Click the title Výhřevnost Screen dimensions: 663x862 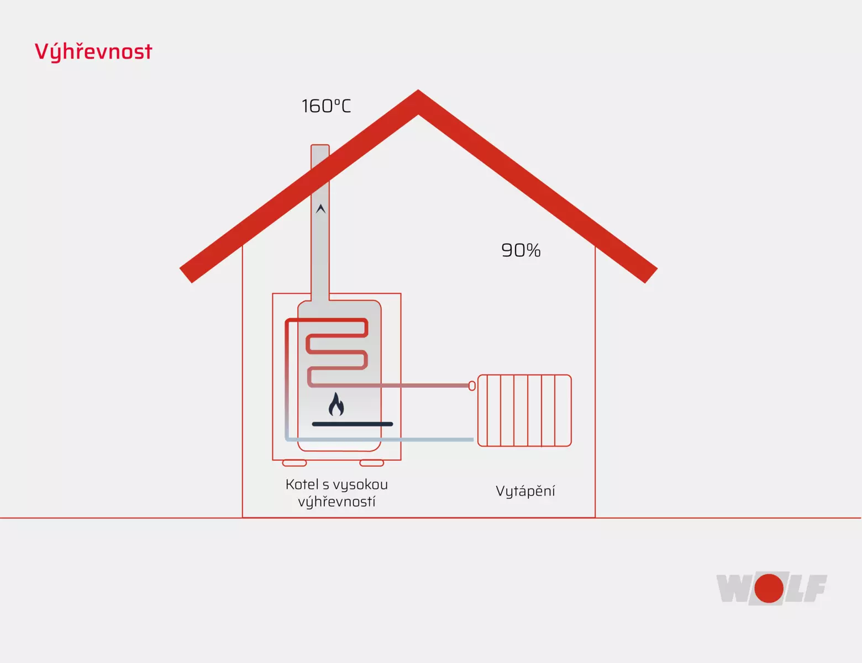[93, 51]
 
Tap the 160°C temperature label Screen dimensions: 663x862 [326, 106]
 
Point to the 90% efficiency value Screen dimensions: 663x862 [521, 250]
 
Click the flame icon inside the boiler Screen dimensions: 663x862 [336, 404]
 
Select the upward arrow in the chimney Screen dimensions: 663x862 [320, 209]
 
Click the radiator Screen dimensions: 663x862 [524, 411]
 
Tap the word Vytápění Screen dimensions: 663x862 [525, 491]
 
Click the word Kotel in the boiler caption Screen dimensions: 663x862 [302, 485]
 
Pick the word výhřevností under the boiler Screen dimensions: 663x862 [337, 502]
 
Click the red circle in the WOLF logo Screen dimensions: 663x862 [769, 588]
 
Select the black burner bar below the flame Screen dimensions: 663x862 [353, 424]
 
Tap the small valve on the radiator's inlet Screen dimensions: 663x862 [472, 385]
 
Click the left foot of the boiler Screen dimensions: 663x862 [295, 463]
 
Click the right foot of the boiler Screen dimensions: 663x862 [371, 463]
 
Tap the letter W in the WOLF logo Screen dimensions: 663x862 [733, 588]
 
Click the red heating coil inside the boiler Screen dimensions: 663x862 [337, 351]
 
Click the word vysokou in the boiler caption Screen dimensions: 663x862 [360, 485]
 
